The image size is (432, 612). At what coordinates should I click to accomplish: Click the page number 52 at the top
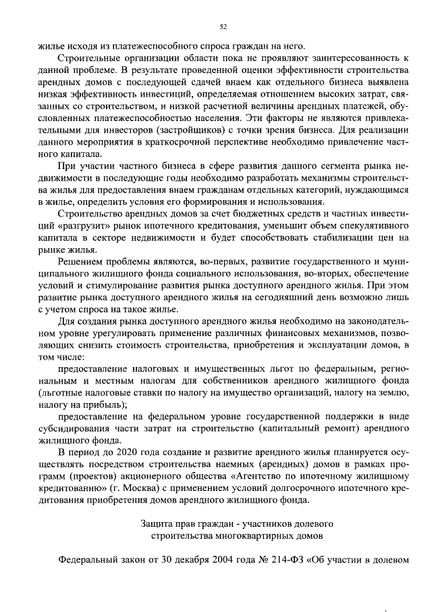[x=223, y=27]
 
